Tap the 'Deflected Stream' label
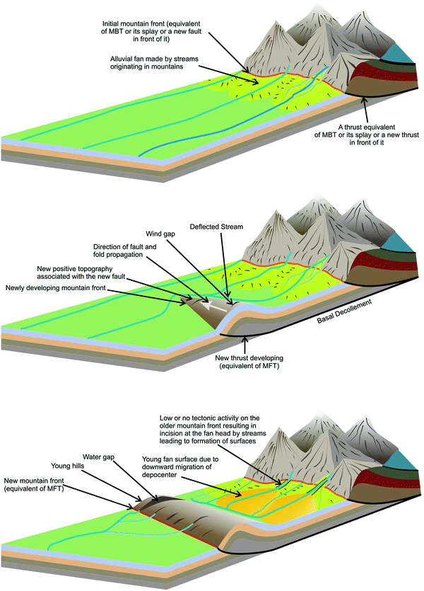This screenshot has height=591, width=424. tap(218, 226)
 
